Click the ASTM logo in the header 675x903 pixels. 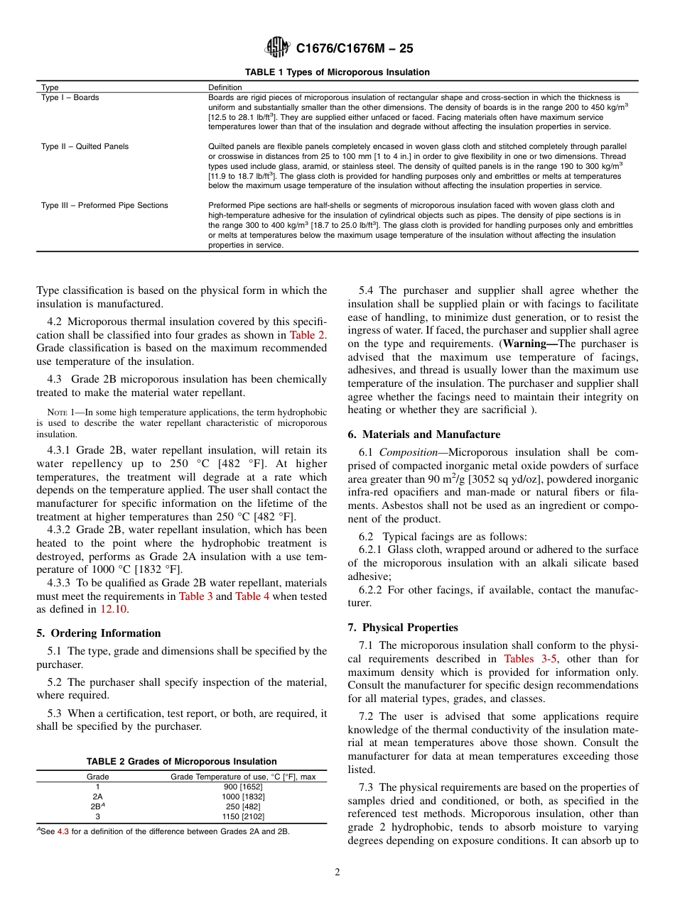(x=277, y=48)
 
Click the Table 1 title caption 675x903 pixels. (x=337, y=72)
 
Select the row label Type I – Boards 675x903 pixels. (x=70, y=97)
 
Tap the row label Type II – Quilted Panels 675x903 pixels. (x=85, y=146)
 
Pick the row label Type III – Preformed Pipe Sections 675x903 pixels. (x=104, y=205)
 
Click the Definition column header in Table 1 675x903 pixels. (x=225, y=87)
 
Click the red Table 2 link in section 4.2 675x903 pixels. (x=307, y=335)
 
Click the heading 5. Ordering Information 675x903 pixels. (x=99, y=633)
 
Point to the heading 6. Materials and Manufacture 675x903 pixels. (x=423, y=434)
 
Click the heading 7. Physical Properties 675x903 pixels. (x=403, y=628)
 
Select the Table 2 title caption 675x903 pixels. (x=182, y=761)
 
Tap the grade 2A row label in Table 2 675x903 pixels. (x=98, y=797)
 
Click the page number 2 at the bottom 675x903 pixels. (x=337, y=872)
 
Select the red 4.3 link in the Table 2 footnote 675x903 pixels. (x=63, y=831)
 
